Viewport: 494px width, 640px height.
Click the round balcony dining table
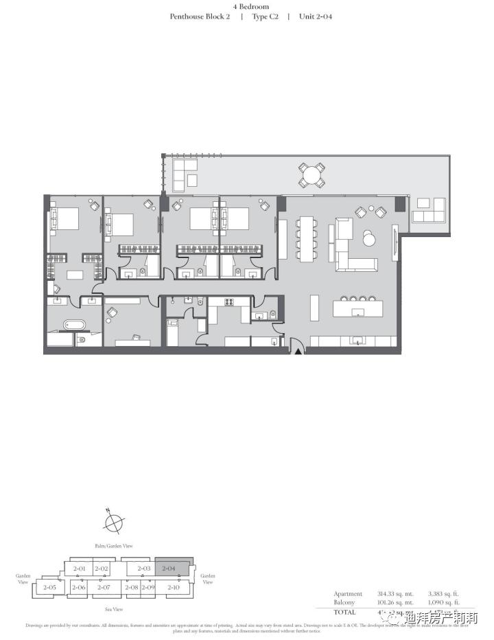click(312, 176)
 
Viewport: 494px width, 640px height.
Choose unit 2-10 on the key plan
click(174, 587)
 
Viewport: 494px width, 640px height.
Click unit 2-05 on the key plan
click(49, 587)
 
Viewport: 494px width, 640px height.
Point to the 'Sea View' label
click(113, 609)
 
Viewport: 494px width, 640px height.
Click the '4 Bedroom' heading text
click(251, 6)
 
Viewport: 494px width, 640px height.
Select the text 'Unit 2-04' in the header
click(316, 16)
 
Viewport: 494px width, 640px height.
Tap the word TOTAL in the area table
click(346, 611)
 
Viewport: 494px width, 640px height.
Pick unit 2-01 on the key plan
click(80, 569)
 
